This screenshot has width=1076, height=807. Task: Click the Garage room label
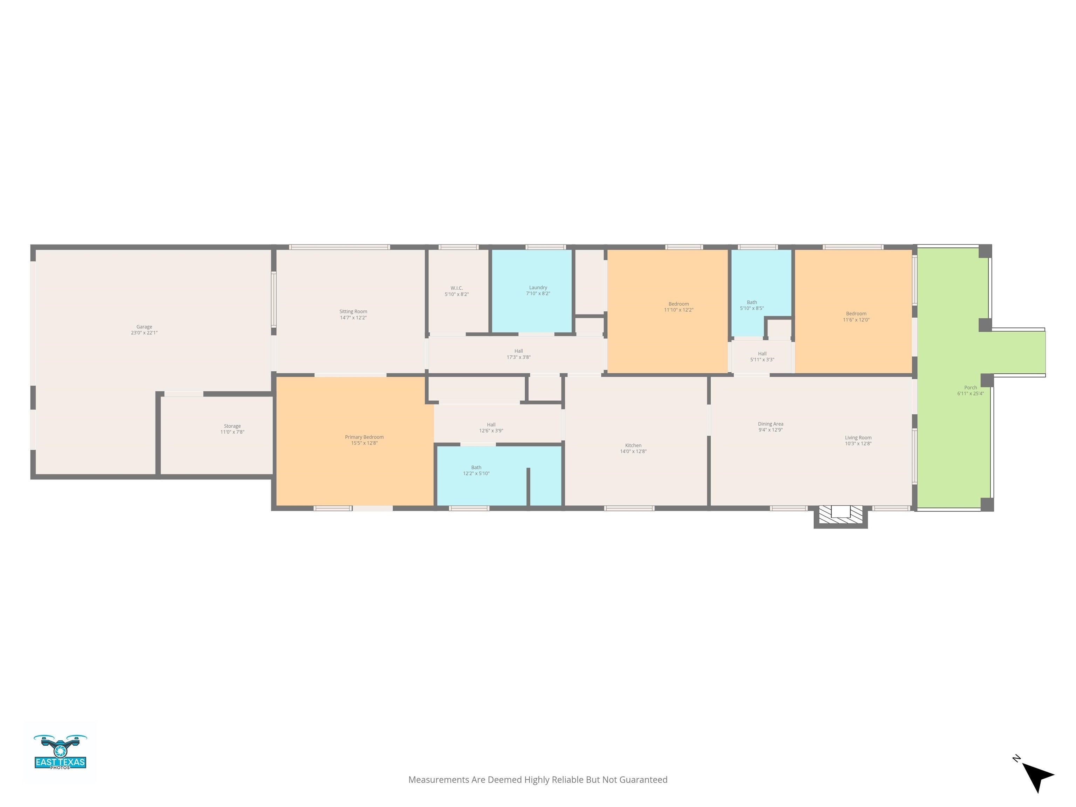[x=144, y=327]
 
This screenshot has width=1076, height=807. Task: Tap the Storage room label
[x=232, y=426]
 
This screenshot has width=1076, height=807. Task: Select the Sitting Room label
[x=353, y=312]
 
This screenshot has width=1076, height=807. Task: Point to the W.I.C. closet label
[x=456, y=288]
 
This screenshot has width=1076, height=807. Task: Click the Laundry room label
[x=538, y=288]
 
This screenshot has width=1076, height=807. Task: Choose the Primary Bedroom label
[x=364, y=437]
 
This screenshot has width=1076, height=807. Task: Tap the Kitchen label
[x=633, y=446]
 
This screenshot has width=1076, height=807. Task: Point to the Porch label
[x=970, y=388]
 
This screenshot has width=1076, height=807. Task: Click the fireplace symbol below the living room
[x=841, y=515]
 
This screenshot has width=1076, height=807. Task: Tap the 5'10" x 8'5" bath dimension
[x=752, y=308]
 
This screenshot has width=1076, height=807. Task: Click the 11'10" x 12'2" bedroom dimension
[x=678, y=310]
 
